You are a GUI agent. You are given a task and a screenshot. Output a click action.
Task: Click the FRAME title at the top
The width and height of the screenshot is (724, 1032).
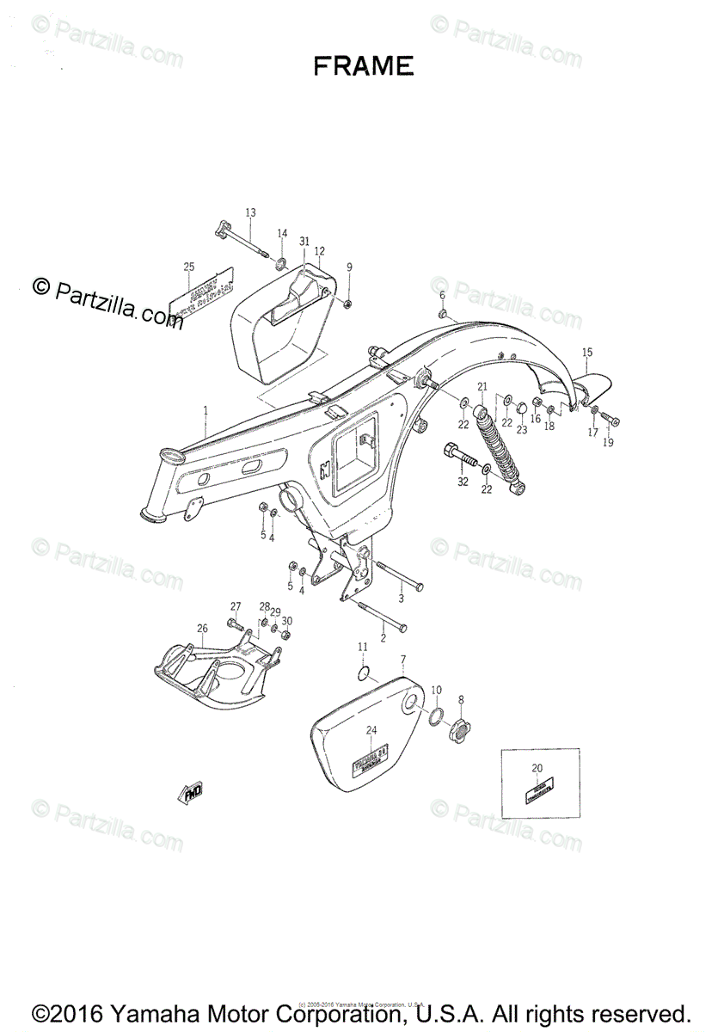[x=363, y=66]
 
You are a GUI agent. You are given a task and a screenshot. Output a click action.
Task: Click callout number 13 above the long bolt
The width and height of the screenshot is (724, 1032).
[x=250, y=212]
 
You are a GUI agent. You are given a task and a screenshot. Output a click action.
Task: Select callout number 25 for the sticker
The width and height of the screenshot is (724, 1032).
[x=189, y=267]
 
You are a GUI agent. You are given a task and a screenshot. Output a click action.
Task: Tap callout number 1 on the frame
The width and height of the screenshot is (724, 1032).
[x=206, y=411]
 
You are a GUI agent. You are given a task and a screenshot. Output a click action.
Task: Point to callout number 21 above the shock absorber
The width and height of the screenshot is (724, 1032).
[x=482, y=386]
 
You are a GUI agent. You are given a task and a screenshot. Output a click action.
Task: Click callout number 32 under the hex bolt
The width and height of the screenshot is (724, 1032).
[x=463, y=482]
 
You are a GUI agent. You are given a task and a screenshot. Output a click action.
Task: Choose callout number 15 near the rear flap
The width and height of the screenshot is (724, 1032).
[x=587, y=352]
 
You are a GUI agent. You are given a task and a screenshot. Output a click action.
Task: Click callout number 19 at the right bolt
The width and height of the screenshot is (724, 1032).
[x=608, y=443]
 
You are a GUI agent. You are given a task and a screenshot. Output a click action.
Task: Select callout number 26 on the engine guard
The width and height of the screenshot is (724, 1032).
[x=202, y=629]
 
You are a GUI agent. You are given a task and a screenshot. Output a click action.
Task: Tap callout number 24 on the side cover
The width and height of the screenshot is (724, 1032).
[x=371, y=730]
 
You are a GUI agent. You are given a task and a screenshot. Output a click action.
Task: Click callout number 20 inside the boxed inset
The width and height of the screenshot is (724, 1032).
[x=537, y=768]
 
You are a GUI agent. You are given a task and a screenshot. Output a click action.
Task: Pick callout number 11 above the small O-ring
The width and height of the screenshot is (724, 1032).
[x=363, y=647]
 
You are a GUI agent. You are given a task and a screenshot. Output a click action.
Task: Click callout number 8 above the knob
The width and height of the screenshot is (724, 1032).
[x=461, y=699]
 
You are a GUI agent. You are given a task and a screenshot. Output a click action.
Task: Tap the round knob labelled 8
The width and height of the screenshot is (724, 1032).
[x=459, y=732]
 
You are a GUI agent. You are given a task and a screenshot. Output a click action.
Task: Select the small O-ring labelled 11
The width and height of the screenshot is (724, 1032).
[x=365, y=672]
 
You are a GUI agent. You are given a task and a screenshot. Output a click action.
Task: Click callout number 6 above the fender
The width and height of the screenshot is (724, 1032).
[x=443, y=295]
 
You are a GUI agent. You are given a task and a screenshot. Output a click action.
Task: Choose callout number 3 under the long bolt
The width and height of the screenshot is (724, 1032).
[x=400, y=599]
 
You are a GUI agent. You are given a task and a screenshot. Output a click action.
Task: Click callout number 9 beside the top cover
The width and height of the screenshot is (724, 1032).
[x=349, y=267]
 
